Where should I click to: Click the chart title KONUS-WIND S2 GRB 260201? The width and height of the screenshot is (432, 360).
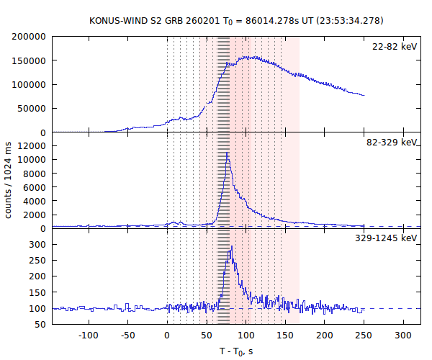tap(137, 19)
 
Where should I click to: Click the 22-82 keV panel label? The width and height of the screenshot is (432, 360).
tap(395, 47)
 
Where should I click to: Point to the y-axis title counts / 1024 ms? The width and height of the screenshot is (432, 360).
tap(9, 180)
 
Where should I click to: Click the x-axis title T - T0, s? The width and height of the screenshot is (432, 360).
tap(236, 351)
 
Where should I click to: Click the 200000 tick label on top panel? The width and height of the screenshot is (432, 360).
tap(30, 37)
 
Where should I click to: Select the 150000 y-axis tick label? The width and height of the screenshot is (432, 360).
tap(30, 60)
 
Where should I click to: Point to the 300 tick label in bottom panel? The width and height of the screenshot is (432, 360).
tap(38, 245)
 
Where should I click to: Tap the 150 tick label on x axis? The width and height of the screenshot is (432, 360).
tap(286, 336)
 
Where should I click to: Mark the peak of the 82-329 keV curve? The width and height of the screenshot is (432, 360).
tap(228, 153)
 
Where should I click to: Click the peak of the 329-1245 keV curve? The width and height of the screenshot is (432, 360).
tap(232, 247)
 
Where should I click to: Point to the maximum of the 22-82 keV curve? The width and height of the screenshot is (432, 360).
tap(248, 56)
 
